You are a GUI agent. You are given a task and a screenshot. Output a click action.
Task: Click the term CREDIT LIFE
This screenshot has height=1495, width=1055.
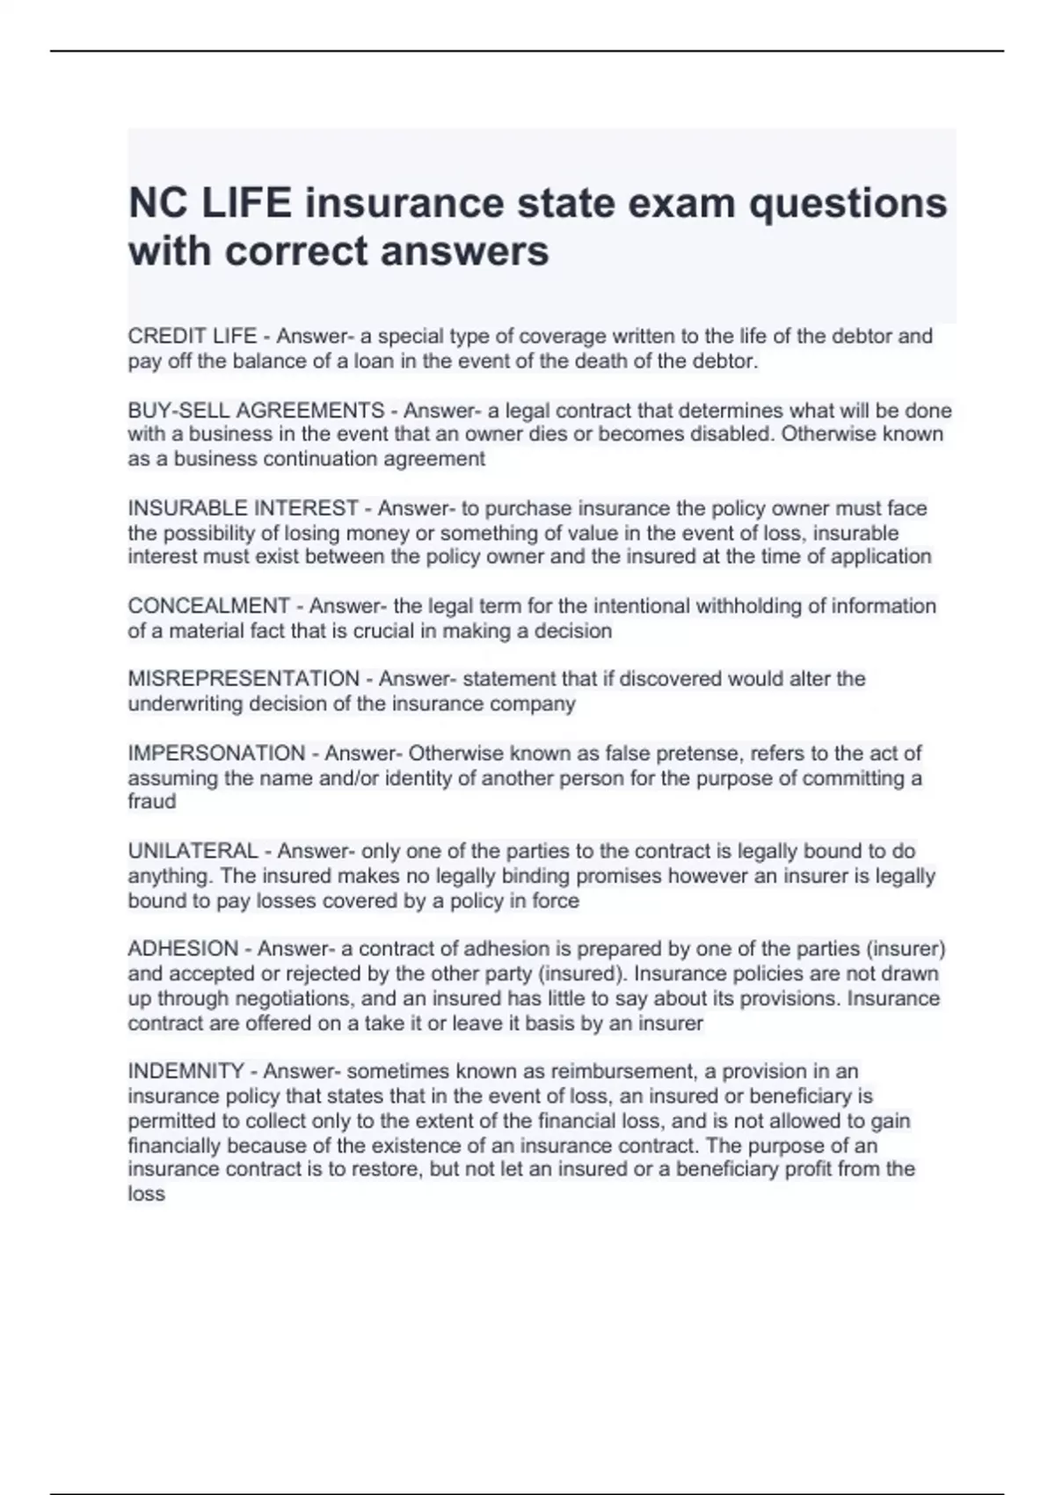[193, 336]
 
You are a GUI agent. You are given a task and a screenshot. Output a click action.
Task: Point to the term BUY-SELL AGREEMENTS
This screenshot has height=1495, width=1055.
[256, 410]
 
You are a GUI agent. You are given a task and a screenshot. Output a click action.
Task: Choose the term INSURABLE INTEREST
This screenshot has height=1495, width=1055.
[243, 508]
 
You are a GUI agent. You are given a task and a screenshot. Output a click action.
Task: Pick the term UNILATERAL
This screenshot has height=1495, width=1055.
[193, 851]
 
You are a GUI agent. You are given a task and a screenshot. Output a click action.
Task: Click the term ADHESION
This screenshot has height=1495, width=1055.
[183, 949]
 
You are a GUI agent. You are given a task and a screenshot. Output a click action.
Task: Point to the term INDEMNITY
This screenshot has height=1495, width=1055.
[186, 1071]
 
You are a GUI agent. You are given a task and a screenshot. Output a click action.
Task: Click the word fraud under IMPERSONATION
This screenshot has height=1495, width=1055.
[151, 801]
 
